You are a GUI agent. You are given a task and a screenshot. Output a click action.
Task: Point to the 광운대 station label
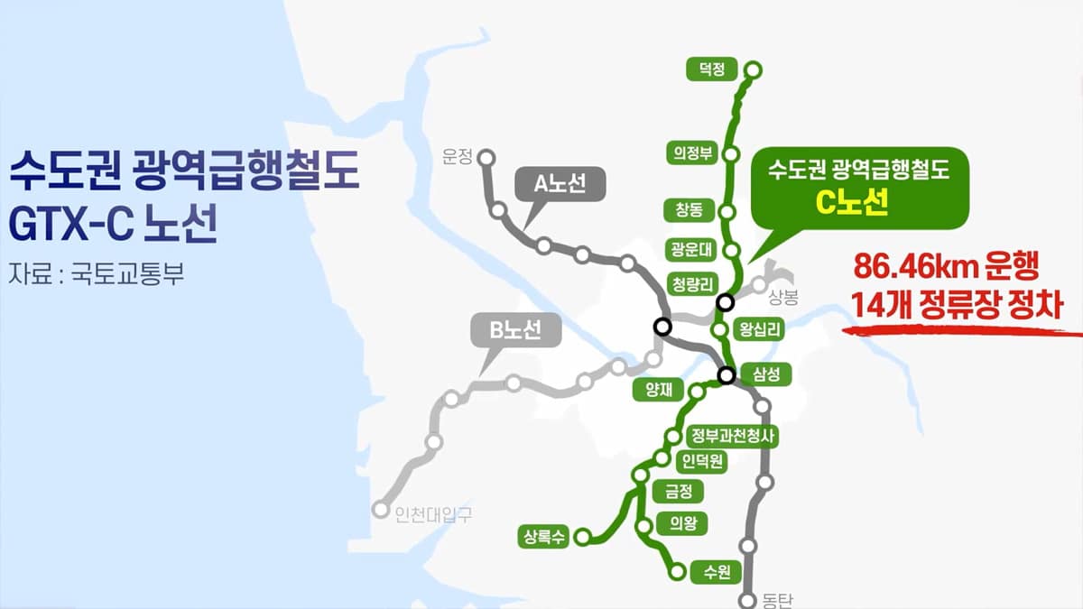pos(693,249)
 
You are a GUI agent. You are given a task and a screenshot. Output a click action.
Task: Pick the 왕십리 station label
pos(758,330)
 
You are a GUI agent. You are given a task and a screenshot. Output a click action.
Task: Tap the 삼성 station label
pos(764,374)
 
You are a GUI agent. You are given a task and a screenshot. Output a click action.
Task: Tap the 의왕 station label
pos(682,523)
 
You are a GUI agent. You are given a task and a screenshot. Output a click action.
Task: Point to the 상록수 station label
pos(541,537)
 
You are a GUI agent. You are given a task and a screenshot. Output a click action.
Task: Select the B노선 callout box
pos(515,331)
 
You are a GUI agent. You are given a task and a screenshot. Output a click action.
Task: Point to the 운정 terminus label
pos(458,156)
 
